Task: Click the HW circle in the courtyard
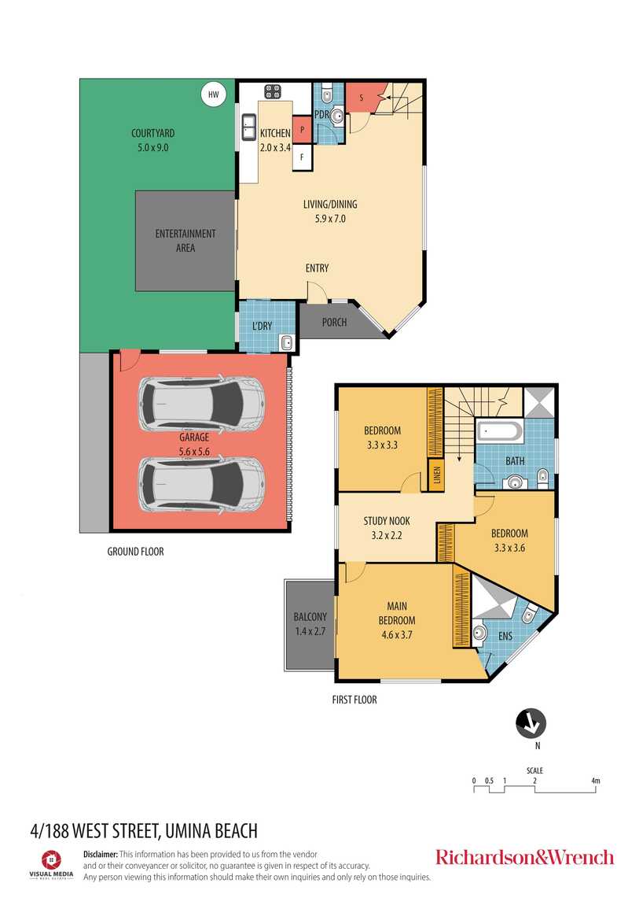pyautogui.click(x=212, y=95)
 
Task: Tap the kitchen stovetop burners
pyautogui.click(x=273, y=91)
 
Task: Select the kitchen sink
pyautogui.click(x=248, y=124)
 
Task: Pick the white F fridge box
pyautogui.click(x=303, y=157)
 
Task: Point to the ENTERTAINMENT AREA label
pyautogui.click(x=185, y=241)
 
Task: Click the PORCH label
pyautogui.click(x=334, y=323)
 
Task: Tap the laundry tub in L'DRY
pyautogui.click(x=286, y=342)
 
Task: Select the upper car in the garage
pyautogui.click(x=201, y=404)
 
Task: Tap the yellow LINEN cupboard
pyautogui.click(x=436, y=476)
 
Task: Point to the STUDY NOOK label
pyautogui.click(x=386, y=521)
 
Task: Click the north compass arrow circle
pyautogui.click(x=531, y=723)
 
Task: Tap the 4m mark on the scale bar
pyautogui.click(x=595, y=781)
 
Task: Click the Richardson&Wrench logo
pyautogui.click(x=524, y=857)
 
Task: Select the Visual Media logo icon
pyautogui.click(x=51, y=859)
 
